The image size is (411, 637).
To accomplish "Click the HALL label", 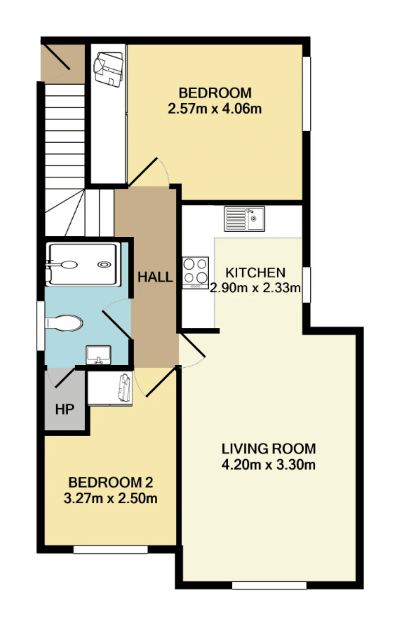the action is coord(155,277).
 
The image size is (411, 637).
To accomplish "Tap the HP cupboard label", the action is coord(65,409).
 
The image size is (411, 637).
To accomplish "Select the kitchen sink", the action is coord(244,219).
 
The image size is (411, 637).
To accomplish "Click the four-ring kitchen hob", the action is coord(195,273).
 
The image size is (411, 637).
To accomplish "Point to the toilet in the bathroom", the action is coord(64,323).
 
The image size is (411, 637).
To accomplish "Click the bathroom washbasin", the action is coord(99,355).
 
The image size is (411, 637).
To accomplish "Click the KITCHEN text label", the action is coord(255,273).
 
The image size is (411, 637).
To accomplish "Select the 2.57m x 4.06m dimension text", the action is coord(214,109).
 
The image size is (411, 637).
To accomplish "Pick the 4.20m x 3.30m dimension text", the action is coord(268,465).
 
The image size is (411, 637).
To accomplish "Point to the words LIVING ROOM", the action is coord(269,449).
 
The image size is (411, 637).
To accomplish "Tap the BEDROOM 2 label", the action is coord(110,482).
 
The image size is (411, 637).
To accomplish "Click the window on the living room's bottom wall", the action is coord(269,585).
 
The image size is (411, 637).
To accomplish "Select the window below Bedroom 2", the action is coord(110,549).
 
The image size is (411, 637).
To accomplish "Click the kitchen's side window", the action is coord(307,285).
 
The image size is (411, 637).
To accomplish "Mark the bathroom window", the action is coord(41,326).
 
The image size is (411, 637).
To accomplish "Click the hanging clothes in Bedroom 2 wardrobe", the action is coord(125,387).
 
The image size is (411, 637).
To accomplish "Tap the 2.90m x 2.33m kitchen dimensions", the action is coord(255,288).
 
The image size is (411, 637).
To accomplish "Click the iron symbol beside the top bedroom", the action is coord(108,69).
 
